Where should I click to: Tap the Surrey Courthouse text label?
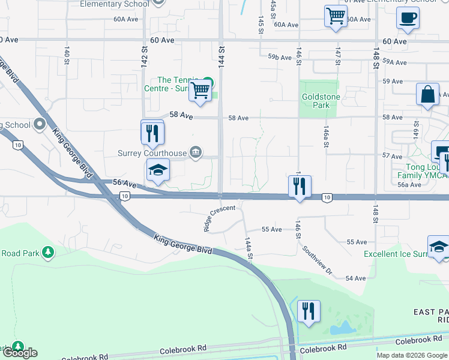(152, 153)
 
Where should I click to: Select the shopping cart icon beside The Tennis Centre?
(200, 91)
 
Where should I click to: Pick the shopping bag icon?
(427, 95)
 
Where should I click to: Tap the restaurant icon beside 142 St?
(152, 133)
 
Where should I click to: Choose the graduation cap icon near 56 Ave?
(157, 170)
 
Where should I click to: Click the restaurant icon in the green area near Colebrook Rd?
(309, 311)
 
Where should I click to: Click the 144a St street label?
(249, 248)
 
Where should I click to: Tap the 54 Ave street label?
(356, 278)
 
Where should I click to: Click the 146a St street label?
(327, 139)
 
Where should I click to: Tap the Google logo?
(19, 353)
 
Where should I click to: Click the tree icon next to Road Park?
(47, 253)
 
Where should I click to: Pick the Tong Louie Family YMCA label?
(422, 171)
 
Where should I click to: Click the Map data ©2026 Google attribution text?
(412, 355)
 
